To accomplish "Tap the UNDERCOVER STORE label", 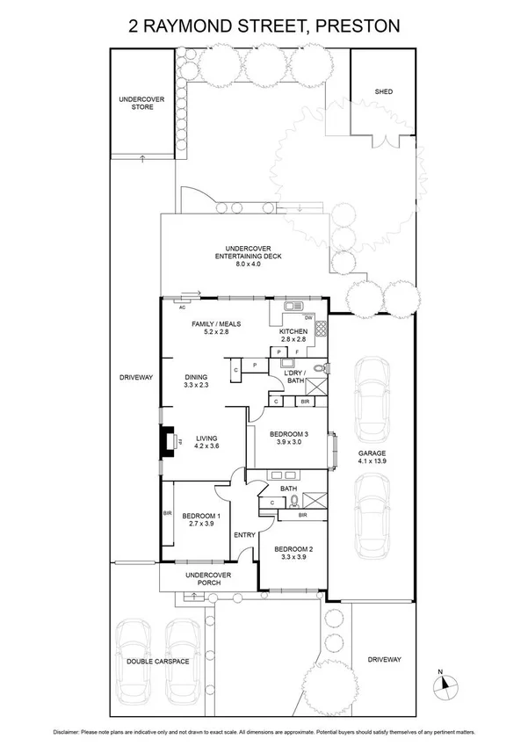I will (x=142, y=103).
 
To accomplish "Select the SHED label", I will (x=382, y=91).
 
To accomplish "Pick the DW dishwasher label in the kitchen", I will (x=307, y=317).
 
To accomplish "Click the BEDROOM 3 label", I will (x=289, y=435).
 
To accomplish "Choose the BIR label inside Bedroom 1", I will (x=166, y=513).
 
